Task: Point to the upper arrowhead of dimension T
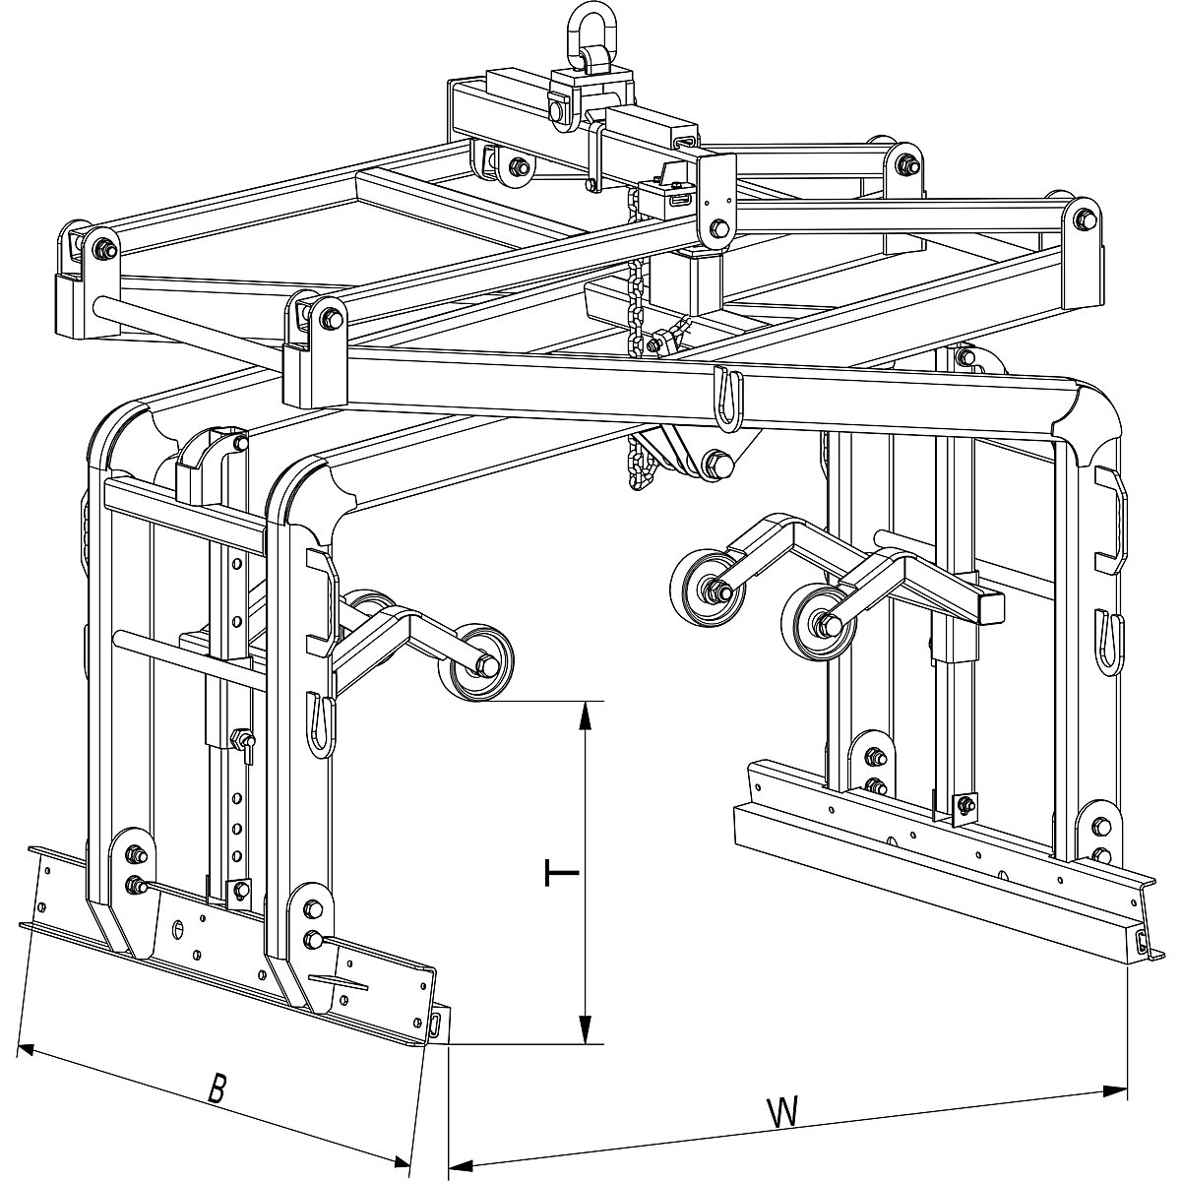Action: pyautogui.click(x=587, y=714)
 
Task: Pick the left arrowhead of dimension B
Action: pyautogui.click(x=30, y=1049)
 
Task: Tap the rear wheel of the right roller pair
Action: pyautogui.click(x=703, y=589)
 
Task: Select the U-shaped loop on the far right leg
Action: pyautogui.click(x=1108, y=642)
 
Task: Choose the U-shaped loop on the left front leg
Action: pyautogui.click(x=319, y=725)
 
